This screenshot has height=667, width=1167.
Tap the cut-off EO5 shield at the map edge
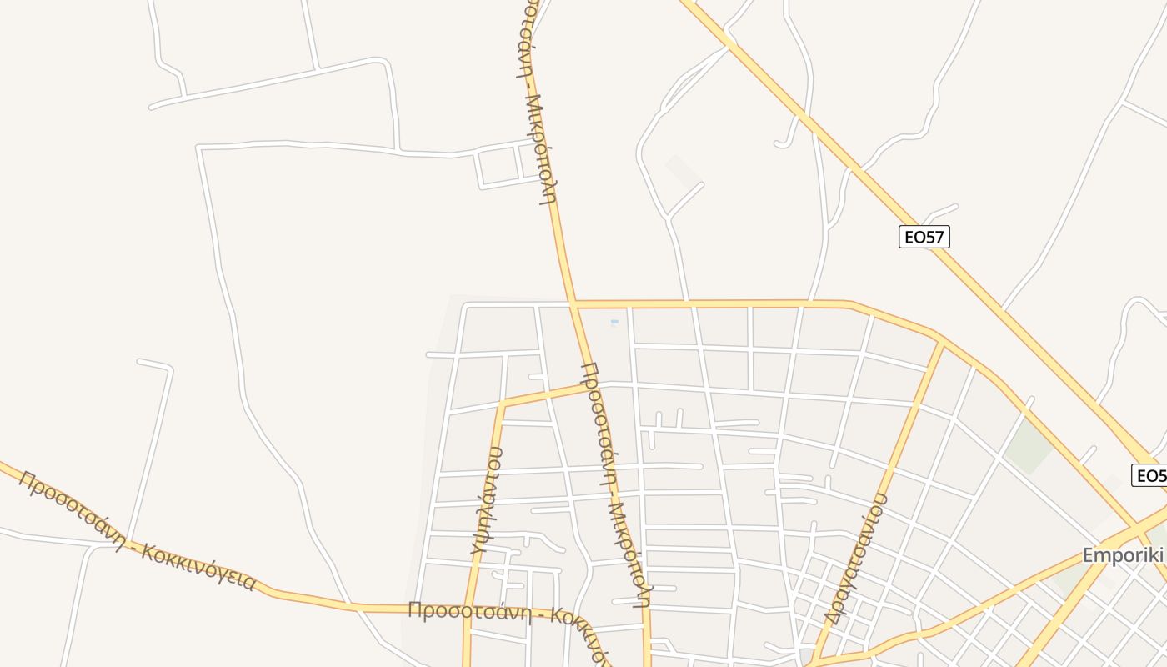tap(1149, 475)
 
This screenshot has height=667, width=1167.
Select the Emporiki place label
tap(1123, 555)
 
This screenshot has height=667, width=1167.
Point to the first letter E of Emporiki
tap(1088, 555)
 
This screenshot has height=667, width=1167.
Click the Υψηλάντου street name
tap(486, 500)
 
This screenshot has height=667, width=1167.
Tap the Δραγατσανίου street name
tap(855, 559)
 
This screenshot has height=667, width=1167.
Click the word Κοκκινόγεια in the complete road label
tap(198, 566)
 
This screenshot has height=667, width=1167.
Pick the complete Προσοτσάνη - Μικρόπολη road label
tap(615, 484)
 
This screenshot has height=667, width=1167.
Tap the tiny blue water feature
tap(614, 322)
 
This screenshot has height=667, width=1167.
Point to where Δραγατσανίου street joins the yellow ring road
tap(943, 343)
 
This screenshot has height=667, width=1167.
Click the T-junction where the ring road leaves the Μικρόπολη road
tap(573, 304)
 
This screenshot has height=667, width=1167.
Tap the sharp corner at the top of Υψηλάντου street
tap(502, 404)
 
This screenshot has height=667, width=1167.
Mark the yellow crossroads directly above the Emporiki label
tap(1135, 526)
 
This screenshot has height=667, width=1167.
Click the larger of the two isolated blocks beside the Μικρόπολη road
tap(498, 167)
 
